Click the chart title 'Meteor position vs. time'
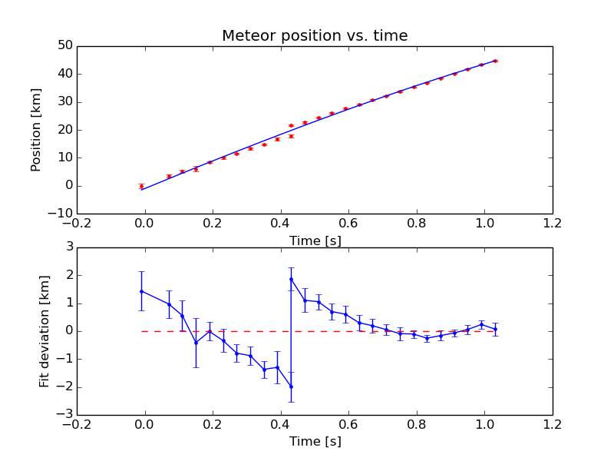coord(315,36)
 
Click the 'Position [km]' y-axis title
coord(36,129)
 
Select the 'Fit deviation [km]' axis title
coord(45,330)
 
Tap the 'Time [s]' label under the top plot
coord(315,240)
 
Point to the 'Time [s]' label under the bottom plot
coord(315,441)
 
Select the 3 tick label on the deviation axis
coord(68,247)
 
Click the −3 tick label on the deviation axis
coord(65,414)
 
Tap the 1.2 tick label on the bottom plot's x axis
coord(552,424)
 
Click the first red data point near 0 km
coord(141,186)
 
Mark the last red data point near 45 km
coord(495,61)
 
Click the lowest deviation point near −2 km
coord(291,386)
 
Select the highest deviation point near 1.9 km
coord(291,279)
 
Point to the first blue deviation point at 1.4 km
coord(141,291)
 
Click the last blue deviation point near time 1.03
coord(495,329)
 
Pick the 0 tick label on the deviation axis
coord(68,331)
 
